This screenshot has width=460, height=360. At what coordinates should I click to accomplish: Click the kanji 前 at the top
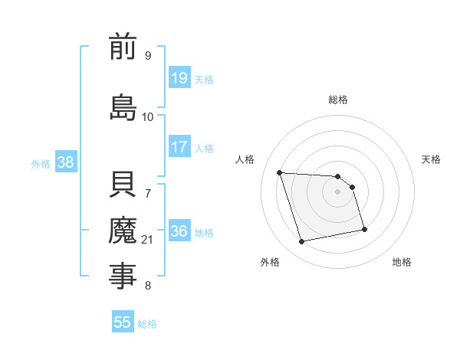(123, 47)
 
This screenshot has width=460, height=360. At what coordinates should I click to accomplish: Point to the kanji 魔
(123, 230)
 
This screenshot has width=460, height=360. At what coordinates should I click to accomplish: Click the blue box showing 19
(179, 78)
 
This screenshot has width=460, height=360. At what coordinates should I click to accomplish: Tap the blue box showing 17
(179, 147)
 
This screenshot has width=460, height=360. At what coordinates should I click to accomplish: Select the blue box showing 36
(179, 231)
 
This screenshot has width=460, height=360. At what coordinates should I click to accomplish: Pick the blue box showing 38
(65, 162)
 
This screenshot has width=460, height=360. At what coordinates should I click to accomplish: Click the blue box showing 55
(123, 322)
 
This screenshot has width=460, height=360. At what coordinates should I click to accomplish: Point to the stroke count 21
(148, 240)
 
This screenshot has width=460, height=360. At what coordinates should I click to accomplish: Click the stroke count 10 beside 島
(147, 116)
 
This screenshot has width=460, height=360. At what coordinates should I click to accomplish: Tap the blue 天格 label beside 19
(204, 79)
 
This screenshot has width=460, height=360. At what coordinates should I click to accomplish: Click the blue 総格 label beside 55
(147, 323)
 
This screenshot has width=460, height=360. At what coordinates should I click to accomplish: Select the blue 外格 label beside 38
(41, 163)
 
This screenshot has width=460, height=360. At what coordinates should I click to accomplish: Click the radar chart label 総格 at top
(338, 100)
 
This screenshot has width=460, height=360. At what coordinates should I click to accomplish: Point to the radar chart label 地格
(402, 262)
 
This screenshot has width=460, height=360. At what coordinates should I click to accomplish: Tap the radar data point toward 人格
(280, 172)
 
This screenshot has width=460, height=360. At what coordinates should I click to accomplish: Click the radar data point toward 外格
(302, 242)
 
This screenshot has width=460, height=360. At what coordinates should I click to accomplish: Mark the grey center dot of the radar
(338, 191)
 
